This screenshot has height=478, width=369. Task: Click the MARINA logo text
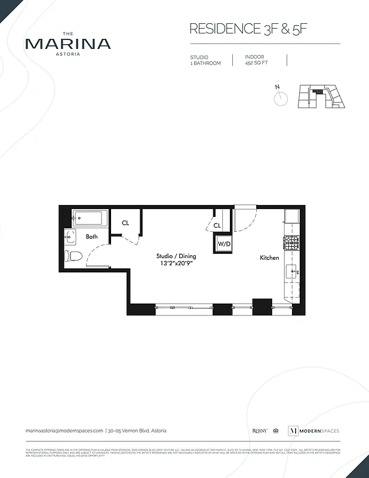coord(67,44)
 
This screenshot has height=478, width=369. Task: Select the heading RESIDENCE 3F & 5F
coord(251,29)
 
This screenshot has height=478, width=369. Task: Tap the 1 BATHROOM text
coord(205,63)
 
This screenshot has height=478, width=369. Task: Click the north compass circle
coord(281,98)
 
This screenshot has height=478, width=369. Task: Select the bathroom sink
coord(70,237)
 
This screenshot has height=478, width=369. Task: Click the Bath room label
coord(91,237)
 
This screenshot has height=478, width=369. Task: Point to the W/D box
coord(223,244)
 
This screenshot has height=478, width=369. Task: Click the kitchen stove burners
coord(291,243)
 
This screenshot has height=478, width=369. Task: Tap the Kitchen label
coord(269,258)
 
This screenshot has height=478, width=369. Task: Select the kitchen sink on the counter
coord(293,271)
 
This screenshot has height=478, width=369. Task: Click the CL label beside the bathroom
coord(125,223)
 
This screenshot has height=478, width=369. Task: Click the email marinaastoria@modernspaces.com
coord(64,431)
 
